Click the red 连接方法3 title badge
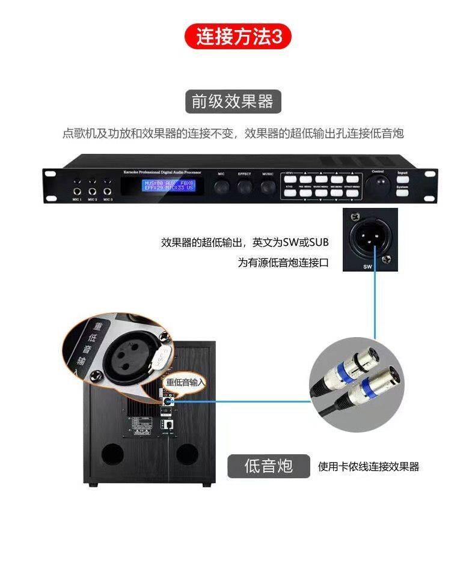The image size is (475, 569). coord(237,37)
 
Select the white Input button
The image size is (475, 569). coord(402,179)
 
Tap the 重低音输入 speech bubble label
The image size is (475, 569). coord(185,382)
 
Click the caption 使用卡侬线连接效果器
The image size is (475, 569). coord(368,466)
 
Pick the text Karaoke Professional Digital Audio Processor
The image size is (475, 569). coord(163,171)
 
